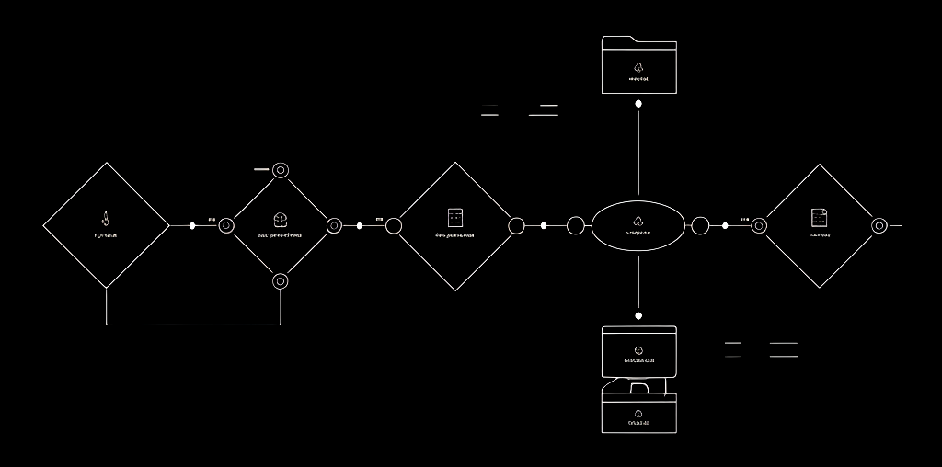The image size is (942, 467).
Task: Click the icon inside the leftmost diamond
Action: [x=106, y=219]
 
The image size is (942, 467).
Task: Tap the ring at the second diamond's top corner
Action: [x=281, y=170]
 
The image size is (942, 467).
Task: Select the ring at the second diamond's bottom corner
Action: [x=281, y=281]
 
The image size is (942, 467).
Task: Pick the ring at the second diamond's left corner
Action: [x=226, y=225]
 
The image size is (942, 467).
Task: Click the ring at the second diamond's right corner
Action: [x=334, y=225]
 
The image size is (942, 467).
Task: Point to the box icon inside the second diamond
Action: [x=281, y=219]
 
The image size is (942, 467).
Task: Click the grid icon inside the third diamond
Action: [x=454, y=218]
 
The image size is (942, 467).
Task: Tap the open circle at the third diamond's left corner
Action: [x=394, y=225]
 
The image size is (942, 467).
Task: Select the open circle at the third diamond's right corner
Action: [x=516, y=225]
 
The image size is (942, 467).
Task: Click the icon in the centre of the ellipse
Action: [x=638, y=221]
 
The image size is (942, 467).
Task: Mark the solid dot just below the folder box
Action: [x=638, y=104]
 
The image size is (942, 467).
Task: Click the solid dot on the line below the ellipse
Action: [x=638, y=315]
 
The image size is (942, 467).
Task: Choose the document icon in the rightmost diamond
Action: [x=819, y=218]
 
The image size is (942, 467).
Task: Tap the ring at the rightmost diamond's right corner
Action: [x=879, y=225]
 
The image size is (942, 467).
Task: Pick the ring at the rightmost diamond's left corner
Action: [x=759, y=225]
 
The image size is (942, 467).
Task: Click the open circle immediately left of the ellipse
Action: [x=576, y=225]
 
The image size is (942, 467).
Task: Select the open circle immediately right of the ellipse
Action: [x=700, y=225]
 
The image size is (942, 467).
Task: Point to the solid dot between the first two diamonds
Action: [x=192, y=225]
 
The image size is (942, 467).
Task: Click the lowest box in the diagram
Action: [x=638, y=413]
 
